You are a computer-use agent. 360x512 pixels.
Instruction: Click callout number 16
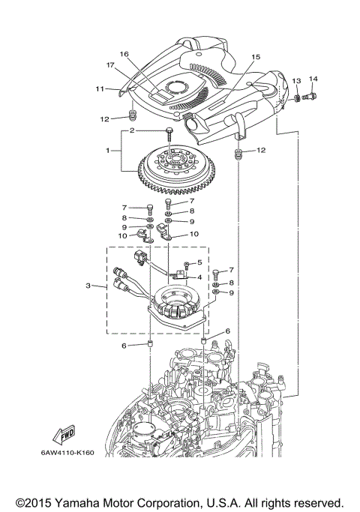(124, 55)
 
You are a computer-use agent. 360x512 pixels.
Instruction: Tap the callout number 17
(109, 65)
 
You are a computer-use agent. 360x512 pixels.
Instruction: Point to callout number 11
(99, 89)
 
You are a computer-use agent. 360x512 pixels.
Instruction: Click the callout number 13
(296, 80)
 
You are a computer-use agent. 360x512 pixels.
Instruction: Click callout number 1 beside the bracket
(110, 151)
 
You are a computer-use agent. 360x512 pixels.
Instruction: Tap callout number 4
(199, 277)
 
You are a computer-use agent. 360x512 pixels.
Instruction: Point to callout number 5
(199, 262)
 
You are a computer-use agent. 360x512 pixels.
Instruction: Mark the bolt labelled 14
(312, 96)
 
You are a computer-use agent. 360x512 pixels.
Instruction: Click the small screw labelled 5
(184, 265)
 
